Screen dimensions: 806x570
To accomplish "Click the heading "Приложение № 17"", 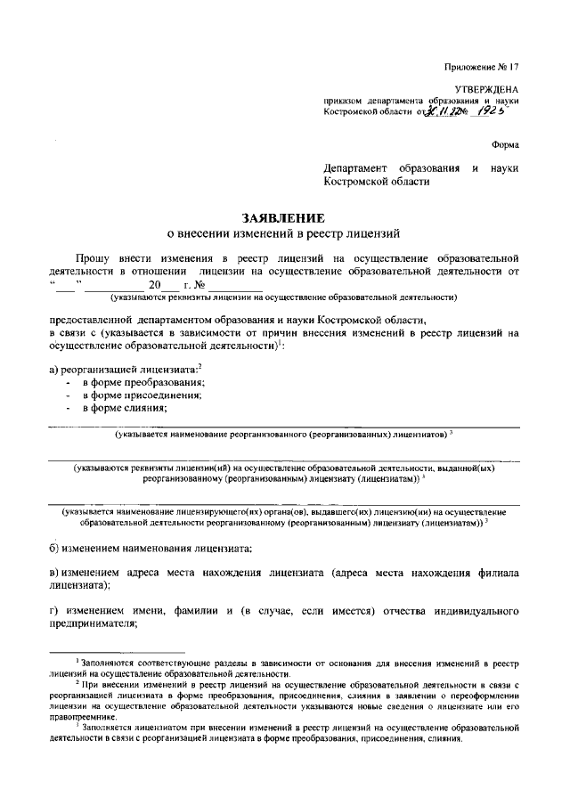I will coord(480,67).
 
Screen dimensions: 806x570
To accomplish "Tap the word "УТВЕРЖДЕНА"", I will coord(487,90).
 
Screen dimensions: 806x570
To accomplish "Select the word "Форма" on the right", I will coord(503,144).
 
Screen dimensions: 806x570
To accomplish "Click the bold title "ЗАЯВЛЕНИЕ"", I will coord(285,216).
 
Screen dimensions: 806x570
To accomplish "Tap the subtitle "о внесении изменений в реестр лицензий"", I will coord(285,232).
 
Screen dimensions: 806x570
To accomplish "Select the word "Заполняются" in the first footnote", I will coord(110,664).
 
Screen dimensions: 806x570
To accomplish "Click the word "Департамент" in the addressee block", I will coord(362,167).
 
